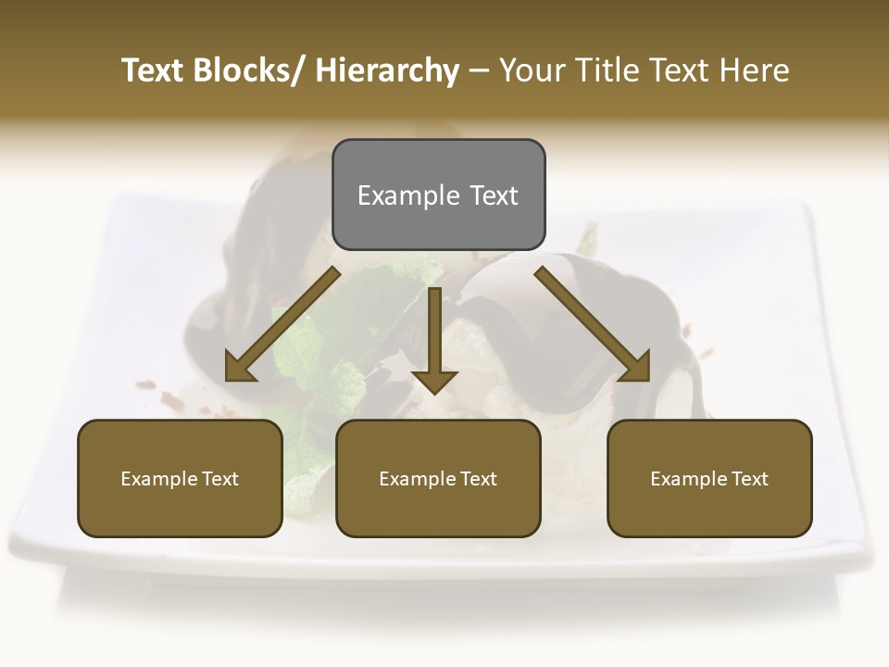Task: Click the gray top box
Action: (438, 195)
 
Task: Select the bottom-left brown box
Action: (180, 478)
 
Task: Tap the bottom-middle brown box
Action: (438, 478)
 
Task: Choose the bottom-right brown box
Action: (709, 478)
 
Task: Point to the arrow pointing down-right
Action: (593, 324)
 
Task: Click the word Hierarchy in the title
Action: (387, 70)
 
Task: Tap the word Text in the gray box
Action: (494, 195)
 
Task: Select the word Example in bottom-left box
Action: (159, 479)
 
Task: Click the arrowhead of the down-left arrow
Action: (240, 369)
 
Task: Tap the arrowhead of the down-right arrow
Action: (635, 367)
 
